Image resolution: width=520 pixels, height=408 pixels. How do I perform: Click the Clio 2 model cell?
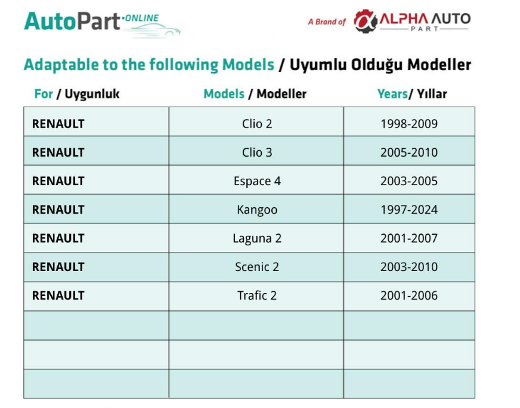click(257, 124)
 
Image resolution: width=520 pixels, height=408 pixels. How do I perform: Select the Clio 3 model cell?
click(257, 152)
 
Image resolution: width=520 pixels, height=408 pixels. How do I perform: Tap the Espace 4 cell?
click(257, 181)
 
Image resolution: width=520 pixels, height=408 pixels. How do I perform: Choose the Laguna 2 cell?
click(257, 238)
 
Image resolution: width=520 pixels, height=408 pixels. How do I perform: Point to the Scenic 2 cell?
click(257, 267)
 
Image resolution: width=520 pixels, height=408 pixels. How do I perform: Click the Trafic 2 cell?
click(257, 295)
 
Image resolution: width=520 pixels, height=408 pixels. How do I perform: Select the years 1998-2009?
click(409, 124)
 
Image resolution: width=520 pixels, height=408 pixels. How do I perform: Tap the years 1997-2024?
click(409, 210)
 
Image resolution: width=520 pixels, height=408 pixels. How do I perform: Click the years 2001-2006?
click(409, 295)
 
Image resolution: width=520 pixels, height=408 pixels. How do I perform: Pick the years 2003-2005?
click(409, 181)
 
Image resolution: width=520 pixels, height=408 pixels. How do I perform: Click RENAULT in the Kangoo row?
click(58, 210)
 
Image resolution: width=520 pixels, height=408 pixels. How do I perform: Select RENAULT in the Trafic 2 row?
click(58, 295)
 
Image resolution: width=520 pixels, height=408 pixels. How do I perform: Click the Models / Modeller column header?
click(255, 94)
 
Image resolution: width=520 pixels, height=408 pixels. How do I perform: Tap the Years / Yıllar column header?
click(412, 94)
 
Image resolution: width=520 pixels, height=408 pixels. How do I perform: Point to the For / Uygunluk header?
click(76, 94)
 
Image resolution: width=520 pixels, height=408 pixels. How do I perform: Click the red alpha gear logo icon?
click(366, 21)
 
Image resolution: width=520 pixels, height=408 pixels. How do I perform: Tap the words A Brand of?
click(327, 22)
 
